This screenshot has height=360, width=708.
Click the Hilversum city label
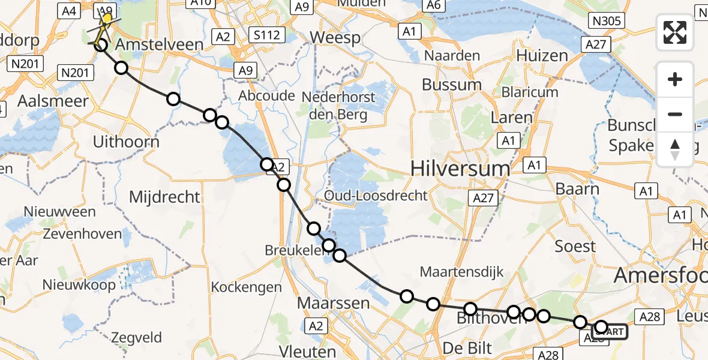(460, 169)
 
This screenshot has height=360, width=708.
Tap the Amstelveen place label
(153, 45)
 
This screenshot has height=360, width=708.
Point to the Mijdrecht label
(165, 196)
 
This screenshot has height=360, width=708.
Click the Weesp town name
(335, 38)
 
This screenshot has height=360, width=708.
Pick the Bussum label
(452, 85)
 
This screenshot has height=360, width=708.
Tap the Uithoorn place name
(127, 142)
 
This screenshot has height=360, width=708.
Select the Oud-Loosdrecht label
(376, 196)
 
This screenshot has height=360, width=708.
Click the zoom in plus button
(675, 79)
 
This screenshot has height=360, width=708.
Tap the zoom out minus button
(675, 114)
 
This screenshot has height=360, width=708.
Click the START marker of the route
(611, 331)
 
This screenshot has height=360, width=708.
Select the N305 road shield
(607, 22)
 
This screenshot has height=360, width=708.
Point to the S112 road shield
(266, 35)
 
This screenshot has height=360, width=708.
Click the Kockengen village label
(247, 287)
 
